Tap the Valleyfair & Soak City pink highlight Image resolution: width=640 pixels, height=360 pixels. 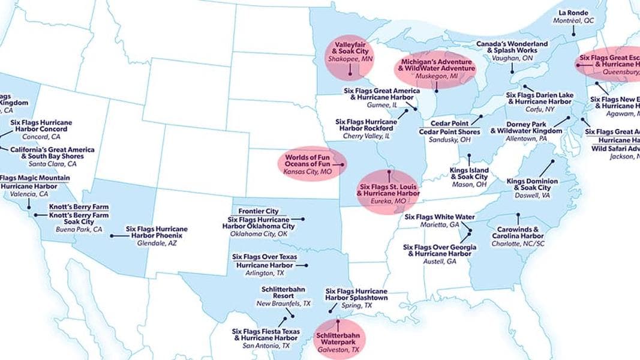[350, 57]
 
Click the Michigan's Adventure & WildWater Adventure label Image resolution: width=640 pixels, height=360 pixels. [436, 65]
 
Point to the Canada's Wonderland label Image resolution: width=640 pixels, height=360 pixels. [512, 44]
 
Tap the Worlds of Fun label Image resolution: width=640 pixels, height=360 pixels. [309, 156]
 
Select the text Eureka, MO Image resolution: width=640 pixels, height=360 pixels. [388, 202]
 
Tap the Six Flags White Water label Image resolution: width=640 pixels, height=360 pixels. [440, 217]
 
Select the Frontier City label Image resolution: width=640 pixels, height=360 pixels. [259, 211]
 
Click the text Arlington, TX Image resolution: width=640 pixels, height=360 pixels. [264, 272]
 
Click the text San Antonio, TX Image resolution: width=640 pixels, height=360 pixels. [265, 346]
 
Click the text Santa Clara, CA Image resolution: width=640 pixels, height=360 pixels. [53, 164]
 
